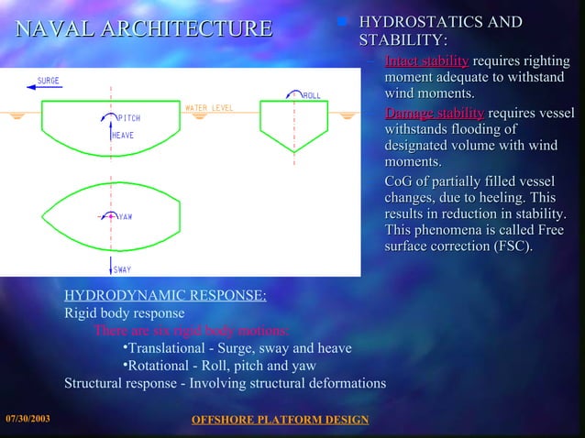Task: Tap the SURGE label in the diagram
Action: point(48,81)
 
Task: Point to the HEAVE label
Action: point(123,136)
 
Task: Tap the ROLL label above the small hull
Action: point(313,94)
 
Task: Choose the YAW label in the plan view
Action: point(125,217)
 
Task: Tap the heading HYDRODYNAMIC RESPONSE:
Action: point(165,296)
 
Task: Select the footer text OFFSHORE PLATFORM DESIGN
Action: point(279,420)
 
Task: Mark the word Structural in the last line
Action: point(95,382)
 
